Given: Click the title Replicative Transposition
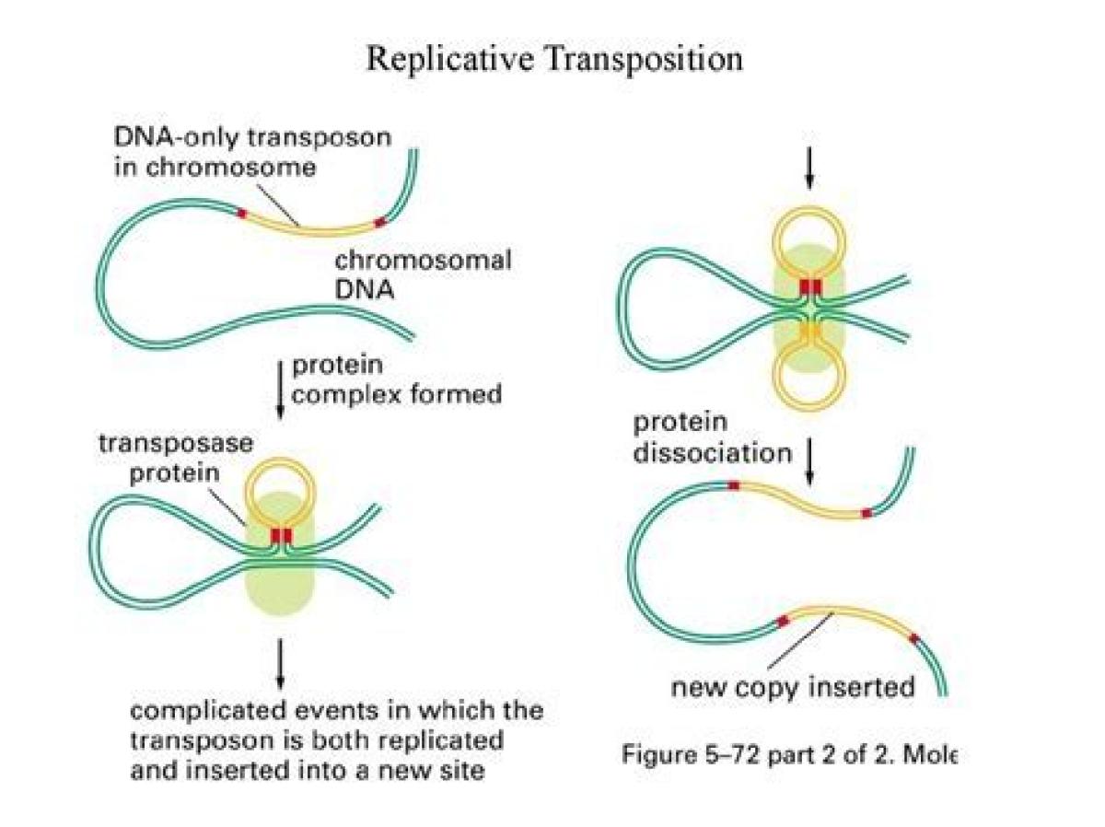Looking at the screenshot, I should (x=553, y=59).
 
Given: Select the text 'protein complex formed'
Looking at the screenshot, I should (x=397, y=379).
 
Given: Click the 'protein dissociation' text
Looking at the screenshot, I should (x=712, y=438).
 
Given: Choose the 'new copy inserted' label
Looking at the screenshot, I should (x=792, y=686).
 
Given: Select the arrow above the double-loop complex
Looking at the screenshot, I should (x=809, y=166).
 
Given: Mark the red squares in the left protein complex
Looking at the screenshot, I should (x=281, y=535).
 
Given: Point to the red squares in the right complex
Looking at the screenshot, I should (x=809, y=287).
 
